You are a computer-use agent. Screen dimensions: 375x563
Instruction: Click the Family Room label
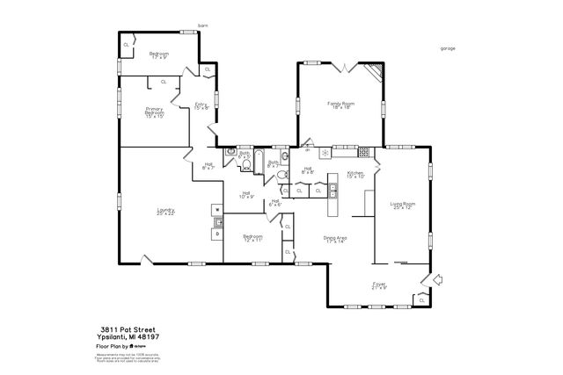tap(340, 105)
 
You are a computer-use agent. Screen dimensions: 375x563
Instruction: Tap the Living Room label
tap(403, 206)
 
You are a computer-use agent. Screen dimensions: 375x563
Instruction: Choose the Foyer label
tap(379, 285)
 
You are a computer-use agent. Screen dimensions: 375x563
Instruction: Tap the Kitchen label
tap(355, 174)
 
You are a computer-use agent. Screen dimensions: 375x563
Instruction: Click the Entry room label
tap(201, 106)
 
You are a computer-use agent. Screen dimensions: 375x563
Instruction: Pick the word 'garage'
tap(448, 49)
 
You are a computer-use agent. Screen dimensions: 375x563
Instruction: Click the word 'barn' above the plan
tap(202, 25)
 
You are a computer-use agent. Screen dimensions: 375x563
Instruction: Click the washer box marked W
tap(216, 210)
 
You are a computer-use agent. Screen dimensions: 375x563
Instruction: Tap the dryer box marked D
tap(216, 234)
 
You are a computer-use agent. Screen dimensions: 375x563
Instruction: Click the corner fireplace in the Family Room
tap(376, 72)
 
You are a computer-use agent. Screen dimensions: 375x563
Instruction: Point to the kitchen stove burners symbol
tap(325, 153)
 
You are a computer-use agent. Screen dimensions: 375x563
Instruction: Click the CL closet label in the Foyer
tap(421, 300)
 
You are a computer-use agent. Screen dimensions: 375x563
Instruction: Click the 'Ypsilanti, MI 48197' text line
tap(128, 335)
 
